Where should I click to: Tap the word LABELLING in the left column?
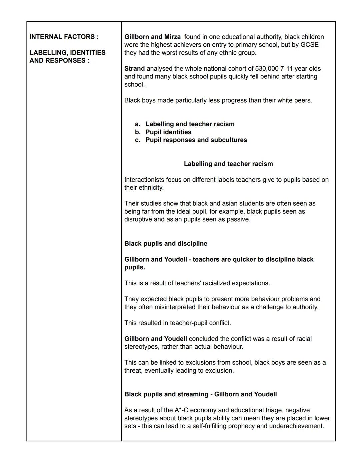[x=49, y=53]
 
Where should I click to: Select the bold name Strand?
[x=134, y=69]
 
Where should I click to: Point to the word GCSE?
[x=309, y=45]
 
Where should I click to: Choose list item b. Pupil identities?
[x=168, y=132]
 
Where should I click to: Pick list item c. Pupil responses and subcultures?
[x=196, y=140]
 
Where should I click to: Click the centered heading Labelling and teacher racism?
[x=228, y=164]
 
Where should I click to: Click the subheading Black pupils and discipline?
[x=166, y=244]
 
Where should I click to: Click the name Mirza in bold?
[x=172, y=37]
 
